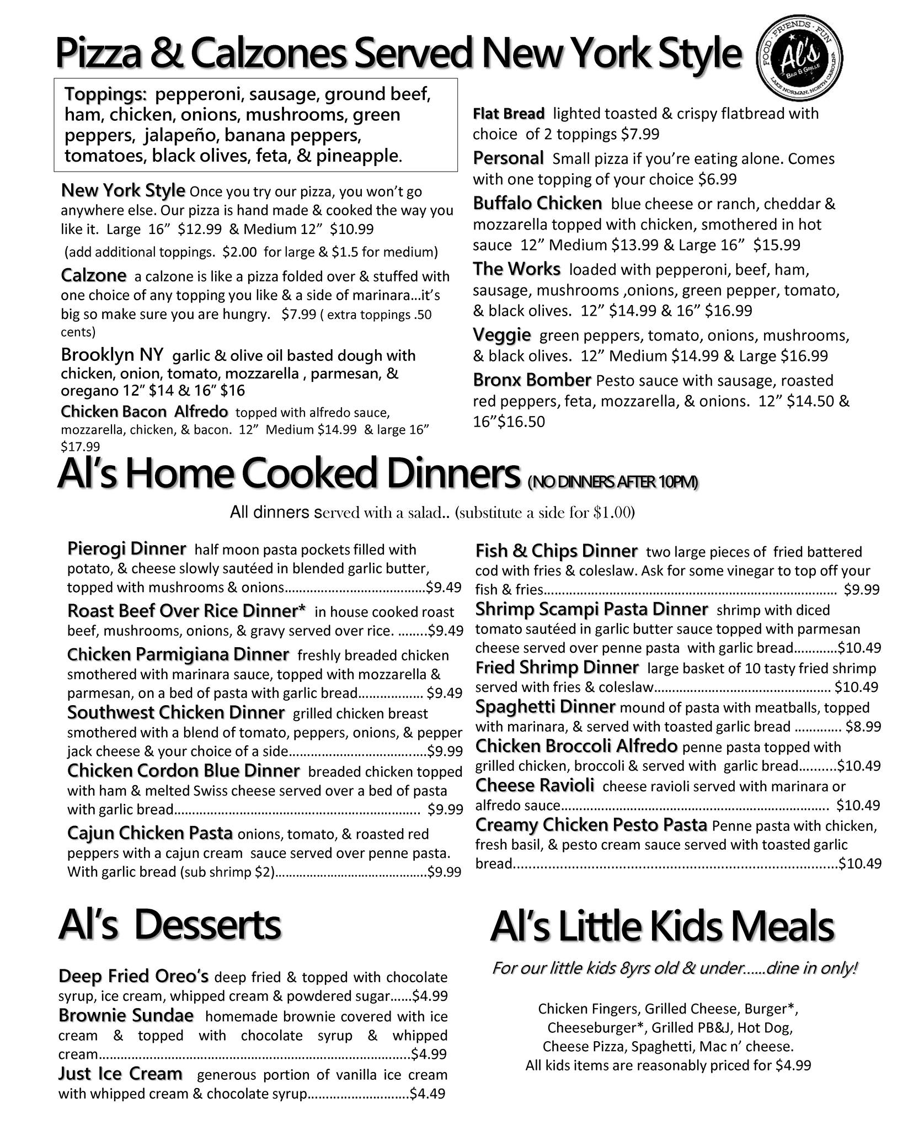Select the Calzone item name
click(x=93, y=275)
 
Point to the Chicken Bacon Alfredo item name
click(x=144, y=412)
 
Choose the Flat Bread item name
click(x=509, y=114)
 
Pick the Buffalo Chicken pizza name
click(x=537, y=204)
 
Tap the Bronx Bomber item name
click(x=532, y=380)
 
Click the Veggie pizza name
click(x=501, y=335)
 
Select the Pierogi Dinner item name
click(x=126, y=549)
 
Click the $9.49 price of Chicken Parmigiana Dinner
click(x=444, y=693)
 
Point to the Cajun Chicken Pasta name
click(x=149, y=833)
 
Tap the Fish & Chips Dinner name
click(x=556, y=551)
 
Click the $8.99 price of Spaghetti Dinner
click(x=863, y=727)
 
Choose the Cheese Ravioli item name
click(x=535, y=785)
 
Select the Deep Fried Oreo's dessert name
click(x=133, y=976)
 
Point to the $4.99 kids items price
click(x=793, y=1065)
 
